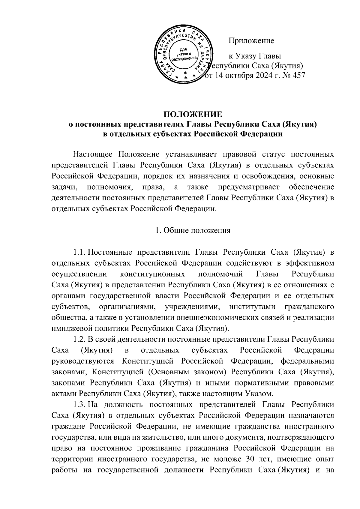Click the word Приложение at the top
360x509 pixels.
point(251,40)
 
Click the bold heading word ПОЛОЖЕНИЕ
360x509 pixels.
point(193,114)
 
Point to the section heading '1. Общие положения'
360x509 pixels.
point(193,230)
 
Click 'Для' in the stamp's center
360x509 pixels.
point(183,49)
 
